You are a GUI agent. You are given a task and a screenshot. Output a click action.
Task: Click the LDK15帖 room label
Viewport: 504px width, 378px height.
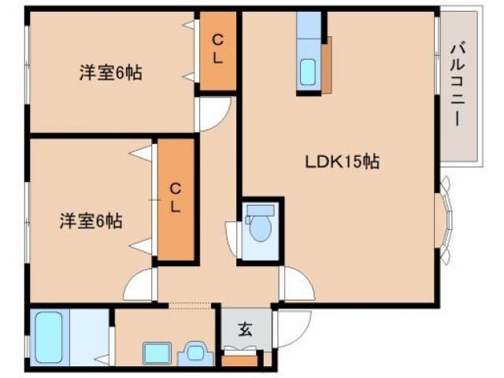click(343, 162)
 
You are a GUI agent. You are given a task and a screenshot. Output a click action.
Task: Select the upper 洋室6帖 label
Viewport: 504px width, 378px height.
click(109, 73)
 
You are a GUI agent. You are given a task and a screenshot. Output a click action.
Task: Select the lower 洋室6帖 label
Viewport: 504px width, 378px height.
click(91, 221)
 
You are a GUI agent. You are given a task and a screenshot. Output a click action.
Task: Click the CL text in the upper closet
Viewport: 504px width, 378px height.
click(217, 49)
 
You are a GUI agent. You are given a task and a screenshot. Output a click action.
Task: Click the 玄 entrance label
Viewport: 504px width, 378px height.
click(245, 330)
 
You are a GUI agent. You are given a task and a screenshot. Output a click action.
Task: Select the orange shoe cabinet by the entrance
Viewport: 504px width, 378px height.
click(239, 362)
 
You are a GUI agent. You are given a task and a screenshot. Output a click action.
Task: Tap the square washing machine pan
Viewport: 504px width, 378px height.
click(155, 352)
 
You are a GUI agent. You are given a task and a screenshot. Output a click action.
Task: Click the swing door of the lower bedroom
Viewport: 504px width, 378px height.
click(139, 285)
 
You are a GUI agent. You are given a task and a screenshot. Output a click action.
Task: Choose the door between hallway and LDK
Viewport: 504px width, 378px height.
click(295, 284)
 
